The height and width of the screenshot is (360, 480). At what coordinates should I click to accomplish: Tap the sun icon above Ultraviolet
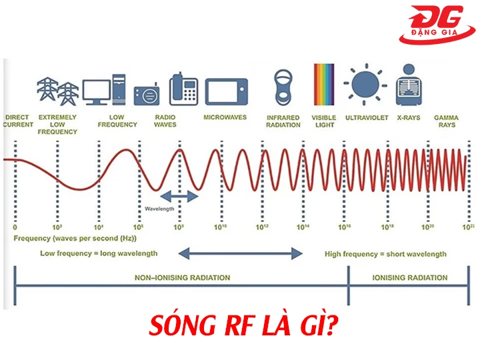pos(364,84)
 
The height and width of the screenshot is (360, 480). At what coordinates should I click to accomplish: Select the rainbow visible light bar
pos(324,85)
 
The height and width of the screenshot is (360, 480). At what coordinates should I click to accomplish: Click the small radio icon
pos(146,96)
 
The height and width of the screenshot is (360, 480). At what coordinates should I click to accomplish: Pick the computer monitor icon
pos(97,92)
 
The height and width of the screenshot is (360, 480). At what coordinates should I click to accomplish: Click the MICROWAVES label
pos(225,118)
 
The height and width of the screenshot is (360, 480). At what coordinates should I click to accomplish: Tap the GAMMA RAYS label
pos(446,121)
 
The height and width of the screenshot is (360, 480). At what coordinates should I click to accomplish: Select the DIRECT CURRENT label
pos(17,121)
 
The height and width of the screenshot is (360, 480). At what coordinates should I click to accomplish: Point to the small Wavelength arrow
pos(179,196)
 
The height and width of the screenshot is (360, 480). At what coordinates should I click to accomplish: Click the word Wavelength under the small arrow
pos(159,209)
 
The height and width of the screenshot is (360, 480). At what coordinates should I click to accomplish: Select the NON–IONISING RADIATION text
pos(181,278)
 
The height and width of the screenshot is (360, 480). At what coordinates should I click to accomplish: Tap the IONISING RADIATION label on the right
pos(409,278)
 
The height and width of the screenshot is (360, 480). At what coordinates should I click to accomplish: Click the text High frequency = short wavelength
pos(385,254)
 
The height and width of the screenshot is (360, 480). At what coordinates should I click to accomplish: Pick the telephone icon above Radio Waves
pos(183,89)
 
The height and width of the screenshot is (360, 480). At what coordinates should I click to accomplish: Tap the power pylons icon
pos(57,91)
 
